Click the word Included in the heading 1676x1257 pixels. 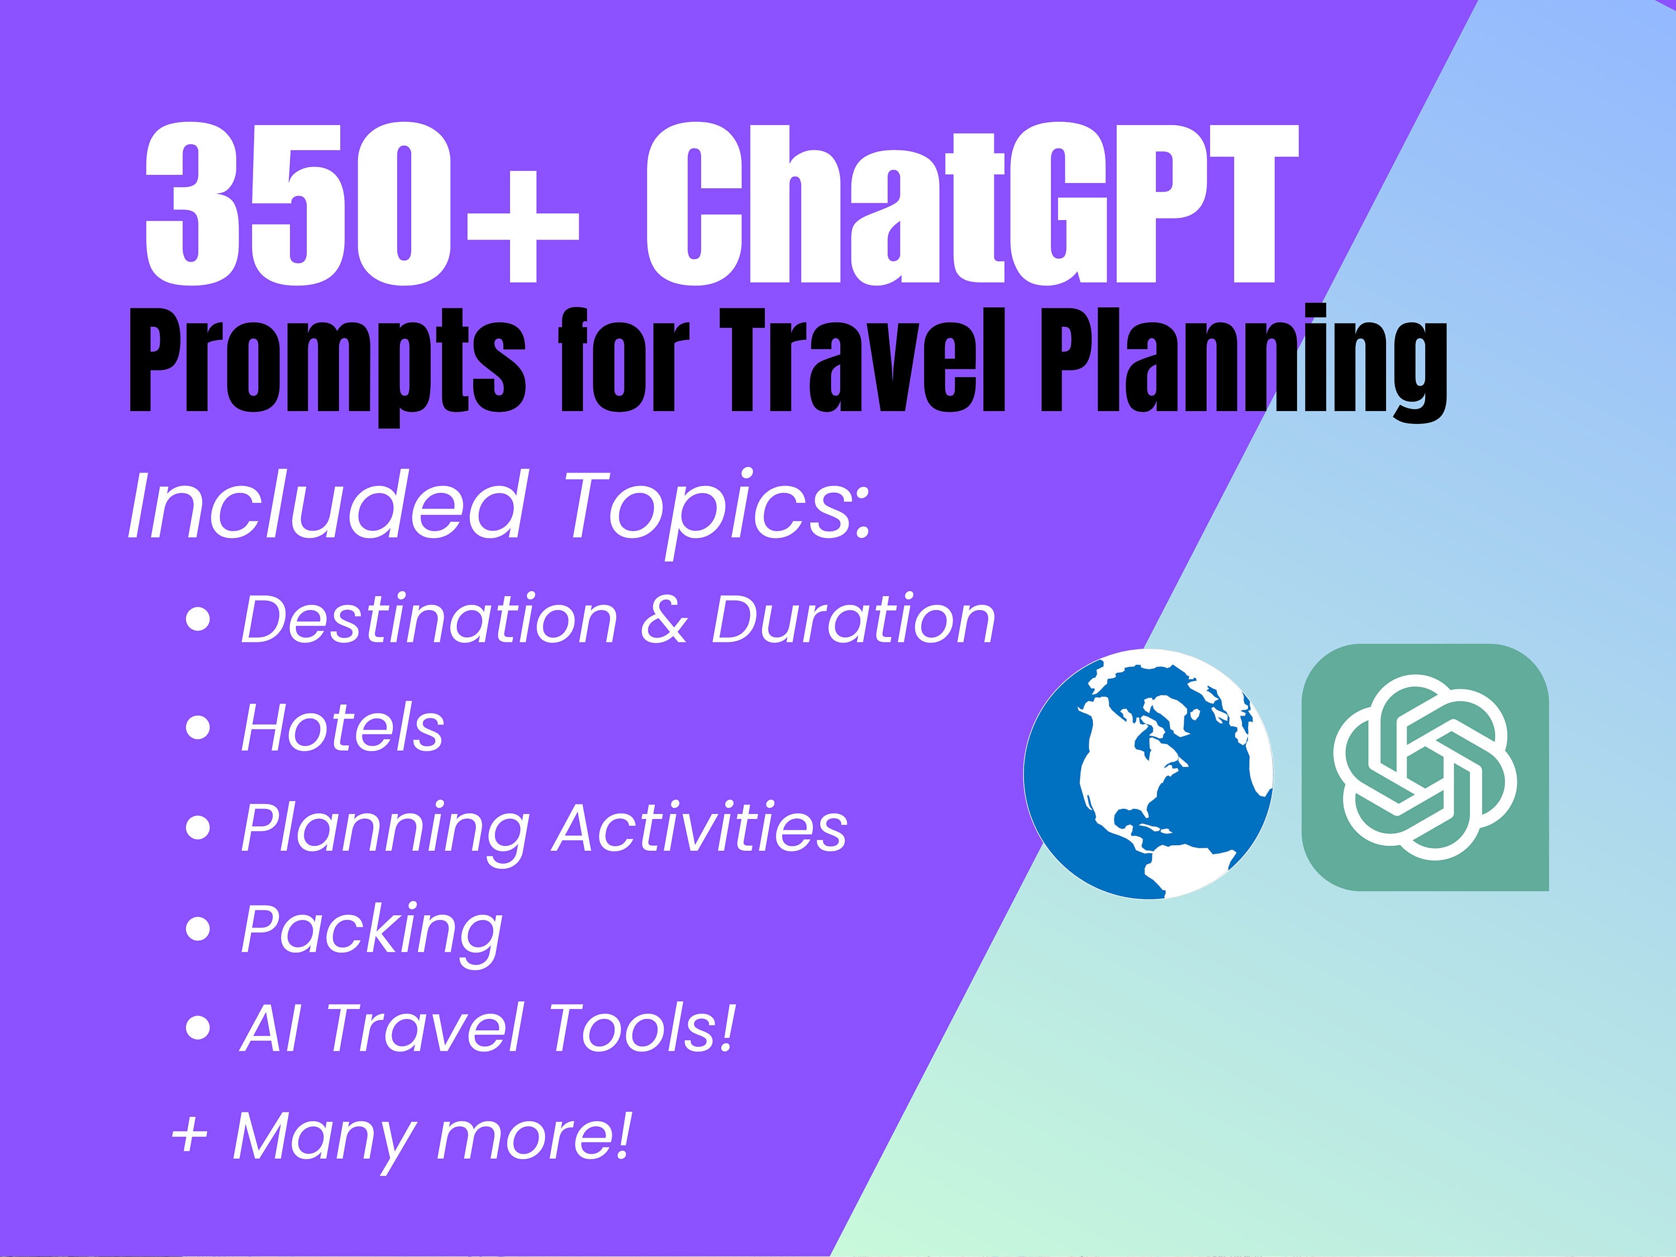pos(326,506)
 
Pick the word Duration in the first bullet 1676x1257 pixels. pos(853,620)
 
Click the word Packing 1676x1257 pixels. pos(372,930)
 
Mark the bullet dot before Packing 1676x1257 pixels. pos(198,930)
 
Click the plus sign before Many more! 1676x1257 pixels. pos(189,1136)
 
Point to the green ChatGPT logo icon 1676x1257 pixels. pos(1425,767)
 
